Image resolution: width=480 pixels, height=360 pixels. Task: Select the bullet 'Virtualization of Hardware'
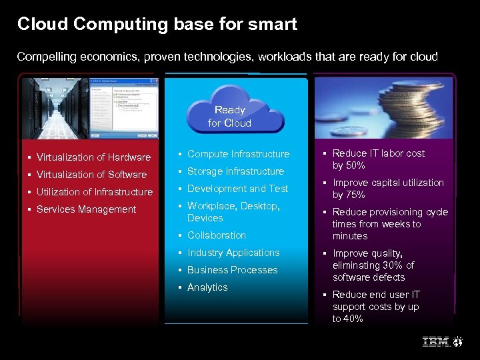93,157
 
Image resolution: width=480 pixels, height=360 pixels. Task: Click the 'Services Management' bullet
86,209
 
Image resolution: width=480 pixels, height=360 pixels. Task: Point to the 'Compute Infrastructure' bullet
238,154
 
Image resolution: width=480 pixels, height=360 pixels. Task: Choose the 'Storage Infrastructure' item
235,171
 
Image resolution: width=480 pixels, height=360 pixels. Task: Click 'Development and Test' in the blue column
237,189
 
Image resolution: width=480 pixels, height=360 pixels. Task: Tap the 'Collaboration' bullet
216,235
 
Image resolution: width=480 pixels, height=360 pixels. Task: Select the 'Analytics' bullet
207,287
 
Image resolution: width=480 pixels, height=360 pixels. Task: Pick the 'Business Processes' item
232,270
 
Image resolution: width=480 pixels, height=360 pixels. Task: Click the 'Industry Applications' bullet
233,253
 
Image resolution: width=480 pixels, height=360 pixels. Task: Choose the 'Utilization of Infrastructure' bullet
95,192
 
